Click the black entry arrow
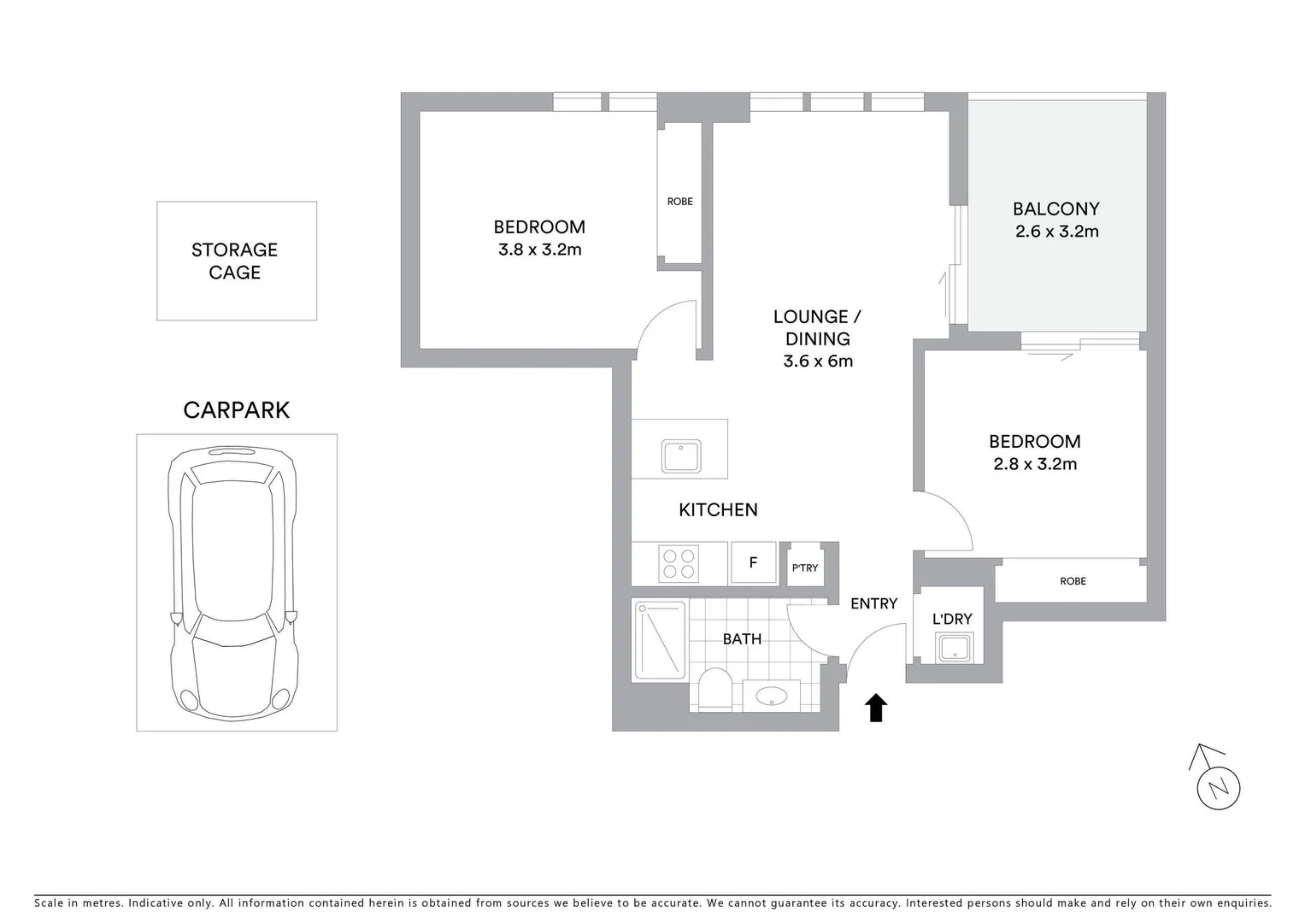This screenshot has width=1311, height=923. [876, 708]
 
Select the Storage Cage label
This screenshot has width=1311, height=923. [235, 261]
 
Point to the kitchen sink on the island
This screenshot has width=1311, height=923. [681, 456]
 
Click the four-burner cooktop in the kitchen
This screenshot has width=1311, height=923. [679, 563]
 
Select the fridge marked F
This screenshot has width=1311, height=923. [753, 563]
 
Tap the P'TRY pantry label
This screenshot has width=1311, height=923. [804, 567]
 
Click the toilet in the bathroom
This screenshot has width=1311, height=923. [713, 689]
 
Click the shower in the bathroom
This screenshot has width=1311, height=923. [660, 640]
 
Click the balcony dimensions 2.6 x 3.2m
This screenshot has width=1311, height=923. [1056, 232]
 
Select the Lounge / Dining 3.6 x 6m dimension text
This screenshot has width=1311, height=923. [818, 362]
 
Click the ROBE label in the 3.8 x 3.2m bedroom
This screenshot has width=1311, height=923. [680, 202]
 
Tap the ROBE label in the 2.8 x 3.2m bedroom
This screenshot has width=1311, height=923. [1073, 581]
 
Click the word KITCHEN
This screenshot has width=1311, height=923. [718, 510]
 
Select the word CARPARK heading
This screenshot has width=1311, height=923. [237, 410]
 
